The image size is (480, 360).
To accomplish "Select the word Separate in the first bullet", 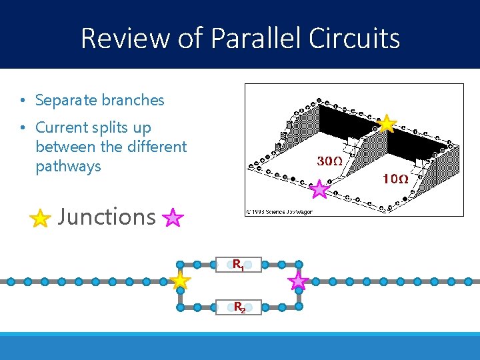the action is click(65, 101).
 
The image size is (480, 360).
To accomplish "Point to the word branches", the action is click(133, 101).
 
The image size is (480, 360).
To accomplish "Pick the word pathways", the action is click(68, 166).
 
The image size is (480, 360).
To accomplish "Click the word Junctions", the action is click(107, 217).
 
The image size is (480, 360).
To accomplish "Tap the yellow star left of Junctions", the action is click(41, 218).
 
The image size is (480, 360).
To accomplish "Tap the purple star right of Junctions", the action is click(173, 217).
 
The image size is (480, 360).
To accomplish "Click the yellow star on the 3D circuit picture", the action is click(387, 123).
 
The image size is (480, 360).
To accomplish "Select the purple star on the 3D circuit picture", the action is click(320, 189).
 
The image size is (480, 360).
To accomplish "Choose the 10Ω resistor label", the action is click(395, 179).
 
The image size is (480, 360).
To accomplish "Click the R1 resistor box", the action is click(238, 265).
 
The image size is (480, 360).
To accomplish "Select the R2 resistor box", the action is click(239, 307).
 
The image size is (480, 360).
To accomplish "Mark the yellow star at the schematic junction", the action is click(180, 281).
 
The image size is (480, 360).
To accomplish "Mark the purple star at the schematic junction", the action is click(298, 281).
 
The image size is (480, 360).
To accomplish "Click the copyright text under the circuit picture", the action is click(279, 211).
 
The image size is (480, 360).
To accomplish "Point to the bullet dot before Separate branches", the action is click(23, 101).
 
